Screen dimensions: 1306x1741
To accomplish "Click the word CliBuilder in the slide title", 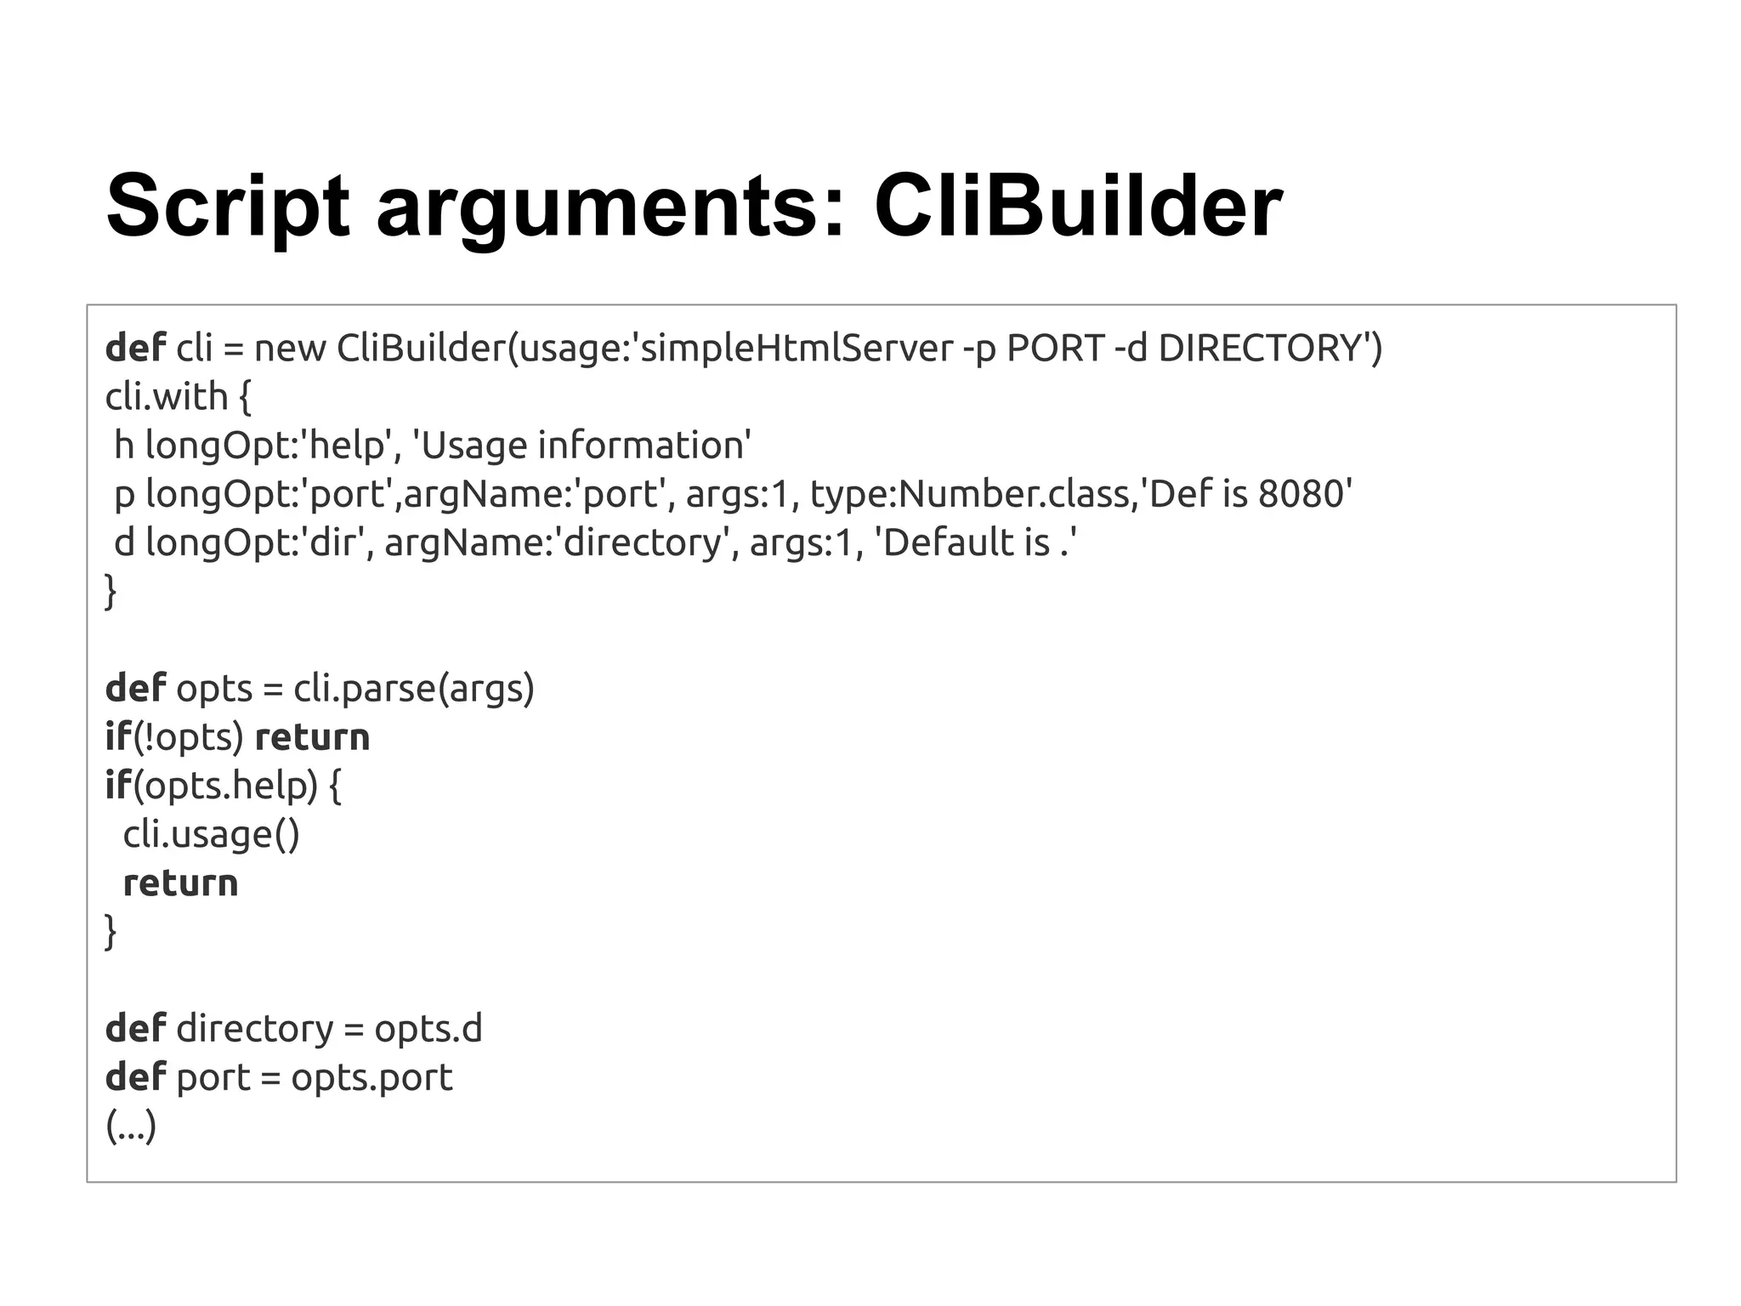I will pyautogui.click(x=1077, y=207).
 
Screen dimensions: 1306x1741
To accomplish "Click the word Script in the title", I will pyautogui.click(x=227, y=207).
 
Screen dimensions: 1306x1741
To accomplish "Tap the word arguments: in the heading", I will pyautogui.click(x=611, y=207).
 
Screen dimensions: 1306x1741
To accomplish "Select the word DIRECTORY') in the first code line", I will pyautogui.click(x=1270, y=348).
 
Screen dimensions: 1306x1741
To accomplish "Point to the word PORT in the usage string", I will pyautogui.click(x=1055, y=348).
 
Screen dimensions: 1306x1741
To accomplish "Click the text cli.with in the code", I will pyautogui.click(x=167, y=396).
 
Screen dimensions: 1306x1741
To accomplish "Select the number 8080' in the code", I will pyautogui.click(x=1305, y=494).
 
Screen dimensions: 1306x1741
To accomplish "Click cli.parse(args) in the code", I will pyautogui.click(x=413, y=688).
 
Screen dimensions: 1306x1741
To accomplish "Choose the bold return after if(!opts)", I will pyautogui.click(x=312, y=737).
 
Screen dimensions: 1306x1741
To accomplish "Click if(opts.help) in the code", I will pyautogui.click(x=211, y=785).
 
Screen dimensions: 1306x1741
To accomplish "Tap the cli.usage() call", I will pyautogui.click(x=211, y=834).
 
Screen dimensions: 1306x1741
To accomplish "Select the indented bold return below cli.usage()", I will pyautogui.click(x=180, y=883).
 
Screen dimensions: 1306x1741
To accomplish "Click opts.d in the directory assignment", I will pyautogui.click(x=428, y=1029).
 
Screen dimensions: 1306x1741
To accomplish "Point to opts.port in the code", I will pyautogui.click(x=371, y=1077).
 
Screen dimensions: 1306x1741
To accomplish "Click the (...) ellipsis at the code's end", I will pyautogui.click(x=131, y=1127).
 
